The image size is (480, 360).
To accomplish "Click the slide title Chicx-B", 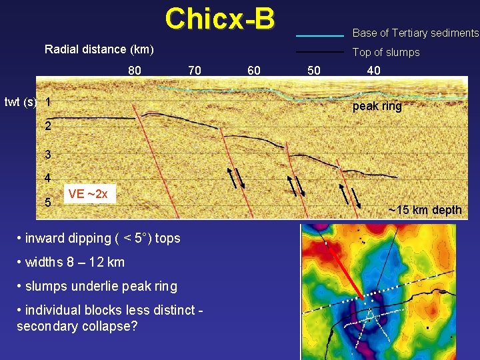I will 219,19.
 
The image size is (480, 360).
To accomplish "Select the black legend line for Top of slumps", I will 319,52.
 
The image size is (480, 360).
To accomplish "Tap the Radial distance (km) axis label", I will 99,49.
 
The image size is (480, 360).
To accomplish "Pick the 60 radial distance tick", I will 254,70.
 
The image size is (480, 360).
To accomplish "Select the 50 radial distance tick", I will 313,70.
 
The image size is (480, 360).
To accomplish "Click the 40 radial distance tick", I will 374,70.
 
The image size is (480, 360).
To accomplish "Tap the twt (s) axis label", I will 20,102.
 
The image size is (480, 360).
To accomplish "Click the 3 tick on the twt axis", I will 48,155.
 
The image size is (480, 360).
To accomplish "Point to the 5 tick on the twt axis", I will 48,202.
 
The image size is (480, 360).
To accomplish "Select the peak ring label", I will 377,107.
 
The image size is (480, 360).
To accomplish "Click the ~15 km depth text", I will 425,211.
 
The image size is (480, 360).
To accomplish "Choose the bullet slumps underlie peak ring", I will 97,286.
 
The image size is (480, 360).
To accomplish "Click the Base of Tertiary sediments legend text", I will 415,33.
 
